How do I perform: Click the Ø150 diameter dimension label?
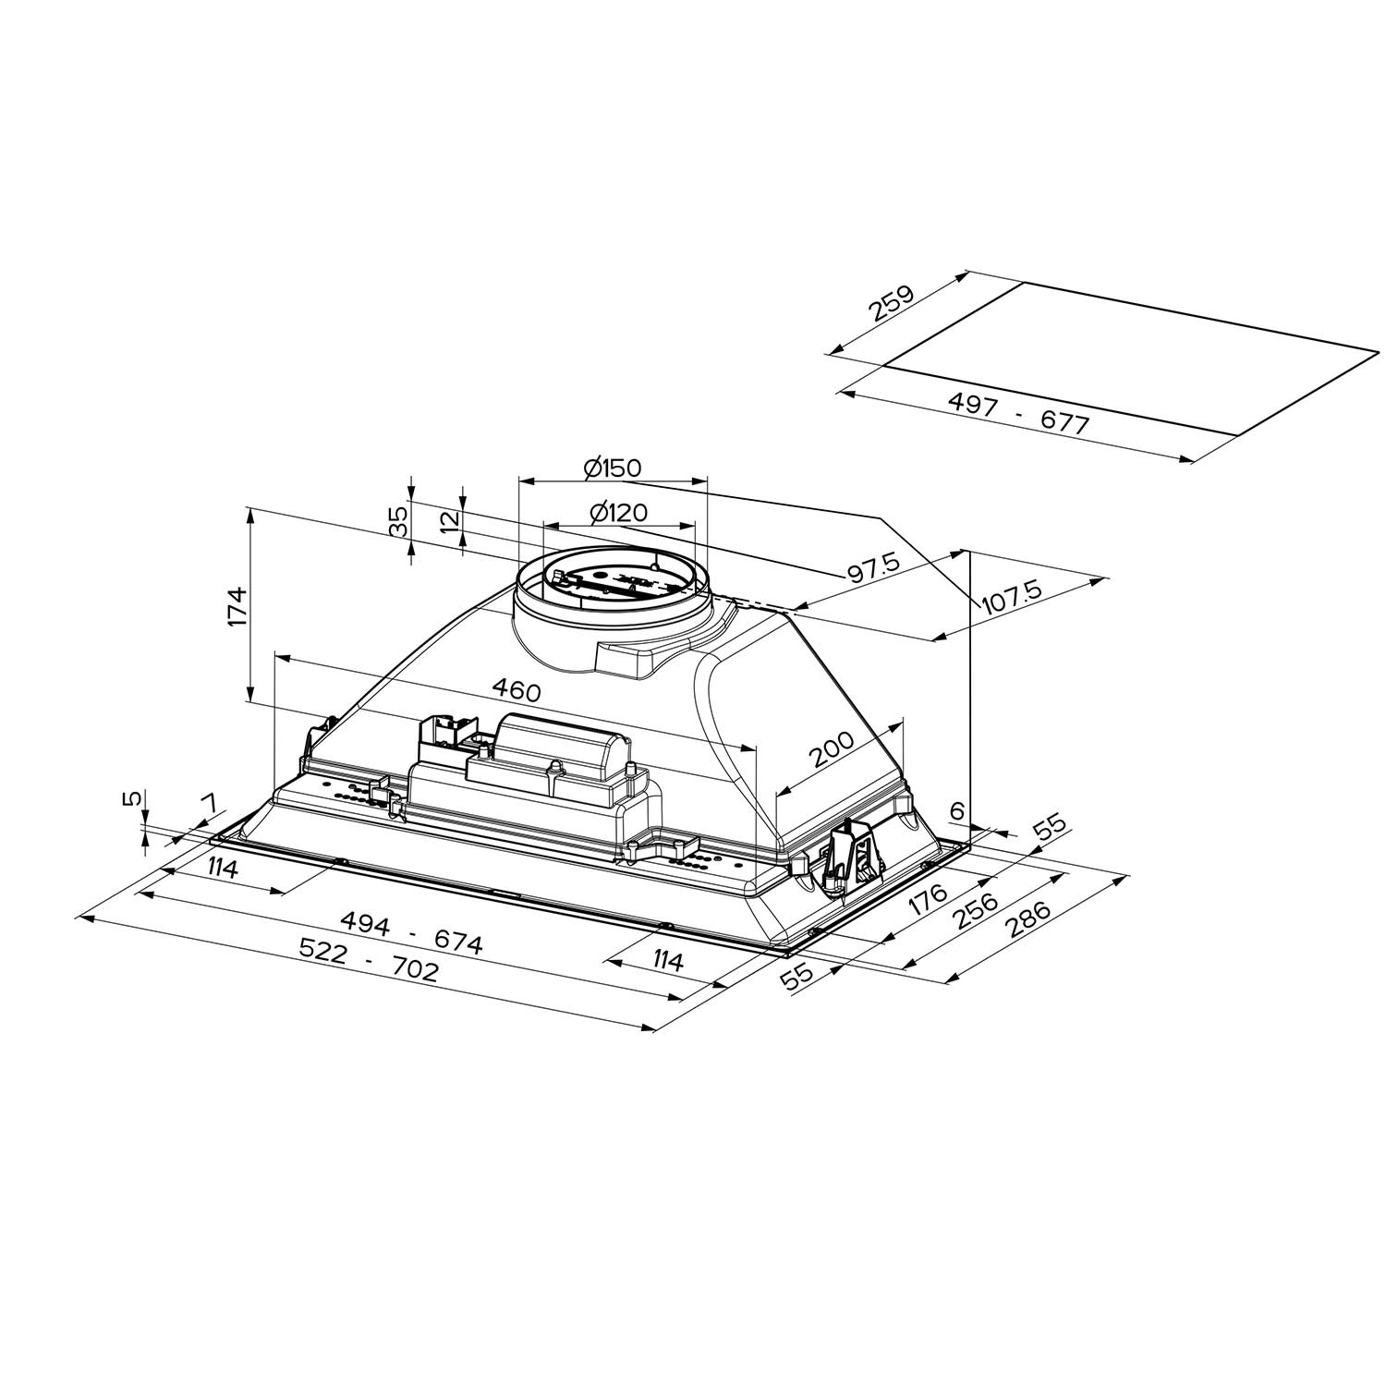point(612,468)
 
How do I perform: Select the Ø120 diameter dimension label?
point(617,512)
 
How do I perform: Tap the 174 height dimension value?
point(237,606)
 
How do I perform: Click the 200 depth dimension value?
point(833,749)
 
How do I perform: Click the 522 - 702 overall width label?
point(369,960)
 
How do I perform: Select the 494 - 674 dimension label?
point(411,931)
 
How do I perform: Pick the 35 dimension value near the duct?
point(398,522)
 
